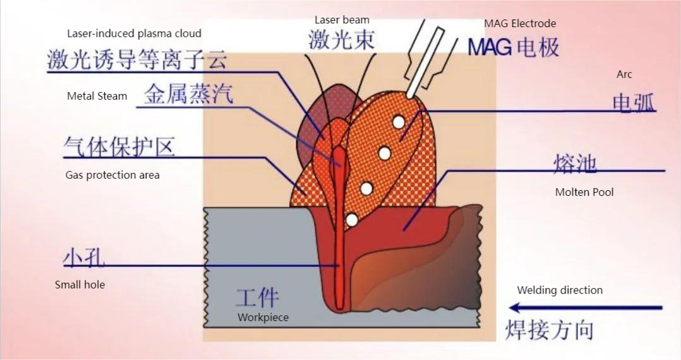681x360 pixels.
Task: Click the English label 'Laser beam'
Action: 342,20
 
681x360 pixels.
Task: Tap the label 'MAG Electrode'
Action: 520,23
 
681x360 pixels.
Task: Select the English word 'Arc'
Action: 624,75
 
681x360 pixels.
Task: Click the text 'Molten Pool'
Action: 584,192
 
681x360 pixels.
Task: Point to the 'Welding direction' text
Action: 560,290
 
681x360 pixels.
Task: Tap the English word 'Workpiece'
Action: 263,318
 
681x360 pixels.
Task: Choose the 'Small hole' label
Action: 80,285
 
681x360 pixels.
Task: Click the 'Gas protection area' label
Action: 112,175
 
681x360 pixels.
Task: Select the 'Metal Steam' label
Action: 97,96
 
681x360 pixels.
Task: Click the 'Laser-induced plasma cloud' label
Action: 134,33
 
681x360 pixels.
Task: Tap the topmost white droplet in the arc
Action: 398,121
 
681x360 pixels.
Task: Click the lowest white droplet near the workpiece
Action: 352,220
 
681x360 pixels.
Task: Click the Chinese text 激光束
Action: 341,40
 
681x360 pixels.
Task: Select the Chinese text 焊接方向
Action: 549,330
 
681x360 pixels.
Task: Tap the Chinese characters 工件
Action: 257,297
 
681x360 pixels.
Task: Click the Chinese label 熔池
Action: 575,164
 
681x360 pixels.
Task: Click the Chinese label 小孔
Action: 84,257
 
